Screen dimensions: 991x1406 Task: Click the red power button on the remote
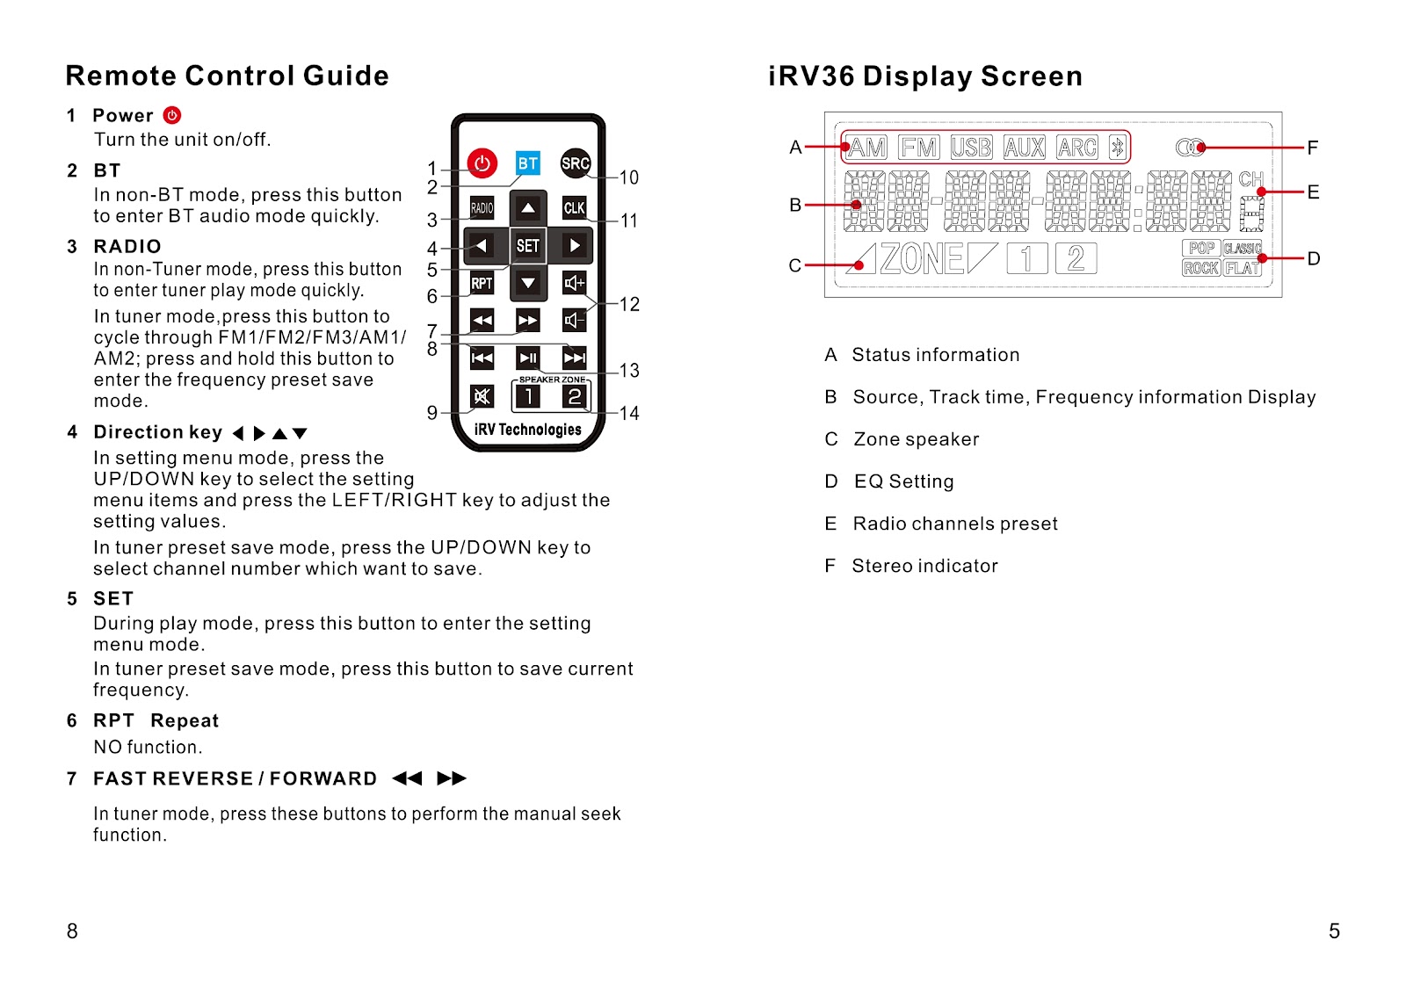coord(482,163)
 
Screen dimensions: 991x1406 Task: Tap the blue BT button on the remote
coord(527,163)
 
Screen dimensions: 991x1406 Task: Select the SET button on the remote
coord(528,246)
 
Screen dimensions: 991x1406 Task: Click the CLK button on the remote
coord(574,208)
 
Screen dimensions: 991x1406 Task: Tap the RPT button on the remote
coord(482,283)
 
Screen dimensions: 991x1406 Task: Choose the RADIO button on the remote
coord(482,208)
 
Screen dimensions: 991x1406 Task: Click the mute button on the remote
coord(482,396)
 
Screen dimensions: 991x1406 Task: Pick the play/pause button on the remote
coord(528,358)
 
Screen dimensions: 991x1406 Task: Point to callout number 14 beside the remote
coord(629,413)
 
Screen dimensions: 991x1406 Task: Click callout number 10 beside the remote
coord(629,177)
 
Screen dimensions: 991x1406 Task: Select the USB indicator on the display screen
coord(971,148)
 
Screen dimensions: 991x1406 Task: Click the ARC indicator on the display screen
coord(1076,148)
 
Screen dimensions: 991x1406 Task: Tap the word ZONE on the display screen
coord(922,259)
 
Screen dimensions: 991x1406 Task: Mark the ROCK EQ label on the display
coord(1200,268)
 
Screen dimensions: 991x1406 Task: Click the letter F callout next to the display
coord(1312,148)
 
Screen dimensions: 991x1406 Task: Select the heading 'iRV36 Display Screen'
coord(924,76)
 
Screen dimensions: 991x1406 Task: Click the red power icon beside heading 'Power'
coord(172,115)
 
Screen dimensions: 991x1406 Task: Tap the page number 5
coord(1334,931)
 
